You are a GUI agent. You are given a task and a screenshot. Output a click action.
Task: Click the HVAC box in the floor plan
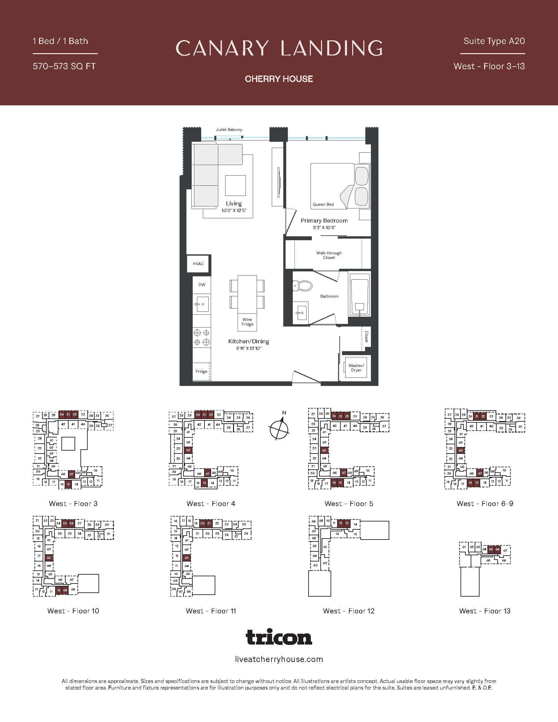[x=198, y=264]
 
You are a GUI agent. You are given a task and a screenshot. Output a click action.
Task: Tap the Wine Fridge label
[x=247, y=322]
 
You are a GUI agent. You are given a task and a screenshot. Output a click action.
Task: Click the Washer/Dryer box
[x=356, y=368]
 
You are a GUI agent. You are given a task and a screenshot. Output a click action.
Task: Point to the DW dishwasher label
[x=202, y=285]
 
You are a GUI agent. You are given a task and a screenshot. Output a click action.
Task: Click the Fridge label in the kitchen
[x=201, y=371]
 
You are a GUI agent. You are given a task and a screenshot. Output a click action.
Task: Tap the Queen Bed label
[x=323, y=204]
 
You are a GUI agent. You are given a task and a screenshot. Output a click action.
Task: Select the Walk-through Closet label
[x=329, y=255]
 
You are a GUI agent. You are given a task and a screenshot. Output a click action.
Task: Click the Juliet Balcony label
[x=229, y=130]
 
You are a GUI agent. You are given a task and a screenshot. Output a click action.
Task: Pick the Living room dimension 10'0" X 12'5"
[x=234, y=211]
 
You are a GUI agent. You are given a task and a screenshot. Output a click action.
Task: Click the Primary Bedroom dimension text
[x=324, y=227]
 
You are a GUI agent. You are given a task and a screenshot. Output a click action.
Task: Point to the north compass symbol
[x=279, y=429]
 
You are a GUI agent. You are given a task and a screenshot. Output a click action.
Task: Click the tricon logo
[x=279, y=637]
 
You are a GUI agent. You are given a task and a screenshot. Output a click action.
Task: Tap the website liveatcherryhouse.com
[x=279, y=659]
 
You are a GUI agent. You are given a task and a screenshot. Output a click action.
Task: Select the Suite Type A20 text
[x=494, y=41]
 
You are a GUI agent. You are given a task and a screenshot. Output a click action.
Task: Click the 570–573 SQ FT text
[x=64, y=66]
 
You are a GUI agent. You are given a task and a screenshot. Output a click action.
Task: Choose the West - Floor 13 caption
[x=484, y=611]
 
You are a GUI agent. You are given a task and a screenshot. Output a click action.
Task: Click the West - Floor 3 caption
[x=73, y=504]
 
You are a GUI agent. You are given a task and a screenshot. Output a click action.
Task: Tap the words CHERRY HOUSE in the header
[x=279, y=79]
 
